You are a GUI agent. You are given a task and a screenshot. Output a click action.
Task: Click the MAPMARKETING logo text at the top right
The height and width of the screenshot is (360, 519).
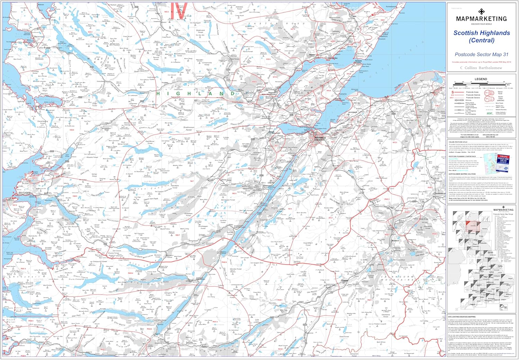[x=481, y=19]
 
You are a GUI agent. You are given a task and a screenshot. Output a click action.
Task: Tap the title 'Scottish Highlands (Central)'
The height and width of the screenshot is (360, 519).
[x=482, y=36]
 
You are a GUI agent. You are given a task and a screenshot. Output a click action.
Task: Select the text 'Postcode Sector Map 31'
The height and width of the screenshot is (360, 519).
[x=481, y=54]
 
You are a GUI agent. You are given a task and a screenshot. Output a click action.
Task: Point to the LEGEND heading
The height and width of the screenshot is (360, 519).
[x=481, y=79]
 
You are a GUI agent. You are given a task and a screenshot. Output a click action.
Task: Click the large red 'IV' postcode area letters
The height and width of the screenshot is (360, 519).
[x=180, y=10]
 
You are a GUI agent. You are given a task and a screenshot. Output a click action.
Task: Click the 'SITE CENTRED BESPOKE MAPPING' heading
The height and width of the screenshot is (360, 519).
[x=462, y=317]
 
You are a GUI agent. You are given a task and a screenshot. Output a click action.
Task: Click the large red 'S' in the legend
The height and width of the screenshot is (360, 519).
[x=453, y=92]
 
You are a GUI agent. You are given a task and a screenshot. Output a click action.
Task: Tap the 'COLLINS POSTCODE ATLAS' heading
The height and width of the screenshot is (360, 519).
[x=458, y=142]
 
